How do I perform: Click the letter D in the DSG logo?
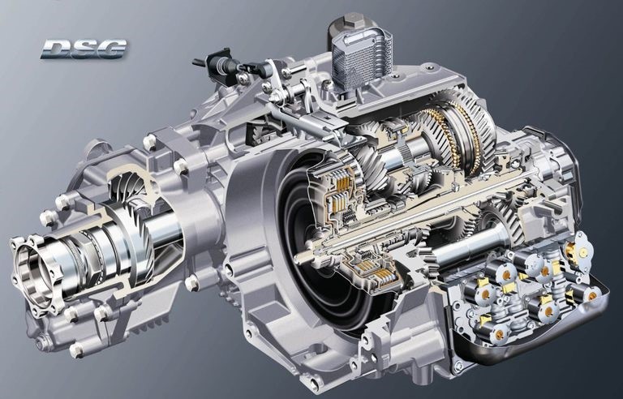click(56, 49)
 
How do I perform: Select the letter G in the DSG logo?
click(112, 49)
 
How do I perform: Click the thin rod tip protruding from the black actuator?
click(199, 62)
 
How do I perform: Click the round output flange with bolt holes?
click(35, 274)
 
